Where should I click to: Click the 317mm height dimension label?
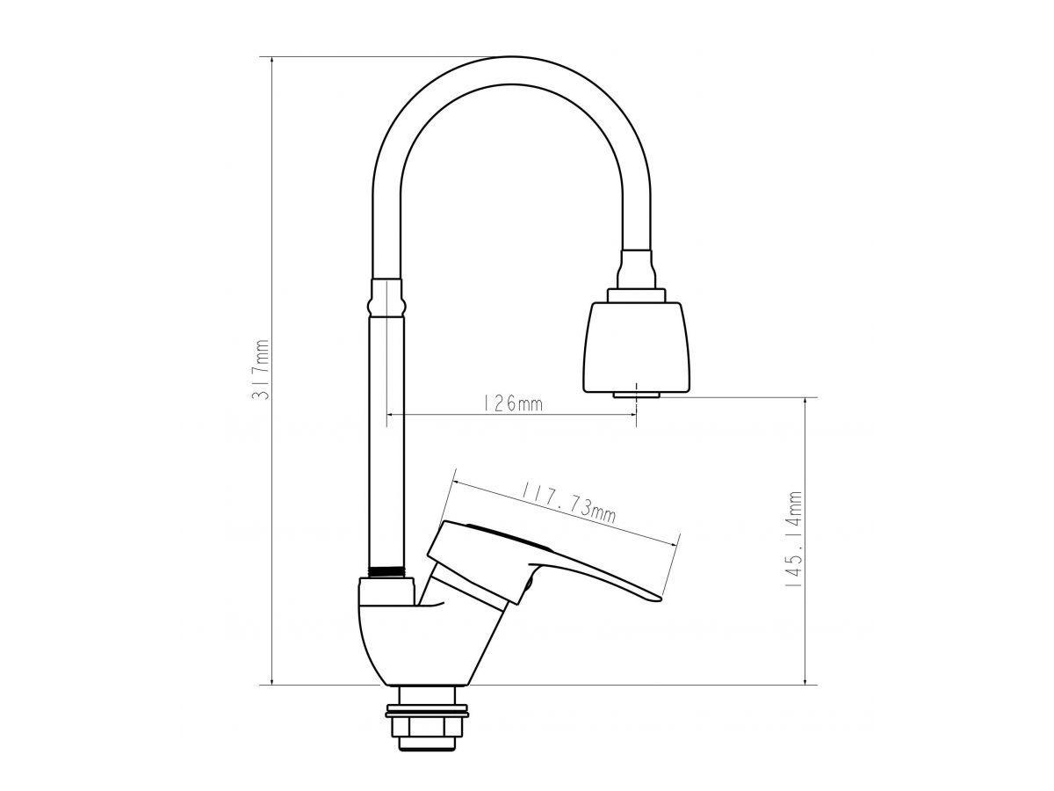pyautogui.click(x=262, y=369)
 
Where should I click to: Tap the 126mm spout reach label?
pyautogui.click(x=512, y=404)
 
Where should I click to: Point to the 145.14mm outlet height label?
pyautogui.click(x=793, y=540)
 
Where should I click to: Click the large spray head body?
pyautogui.click(x=637, y=347)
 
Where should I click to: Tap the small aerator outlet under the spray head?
pyautogui.click(x=637, y=395)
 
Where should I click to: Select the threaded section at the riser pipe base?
pyautogui.click(x=386, y=572)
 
